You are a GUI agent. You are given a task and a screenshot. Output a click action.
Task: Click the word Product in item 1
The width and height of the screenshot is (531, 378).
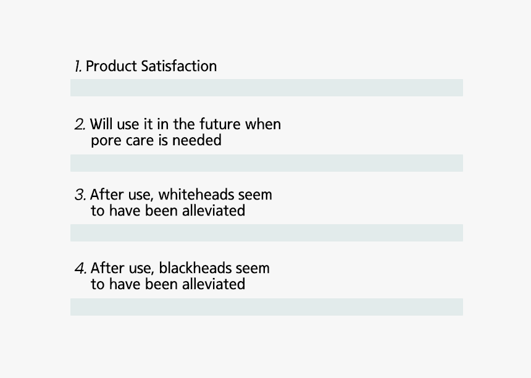click(x=111, y=66)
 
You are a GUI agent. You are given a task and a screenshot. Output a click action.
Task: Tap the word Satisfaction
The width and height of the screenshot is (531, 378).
click(x=179, y=66)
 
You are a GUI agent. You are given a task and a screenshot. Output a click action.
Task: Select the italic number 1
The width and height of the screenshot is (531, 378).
click(x=78, y=66)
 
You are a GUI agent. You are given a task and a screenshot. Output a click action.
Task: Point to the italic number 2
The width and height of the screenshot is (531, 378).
click(x=80, y=125)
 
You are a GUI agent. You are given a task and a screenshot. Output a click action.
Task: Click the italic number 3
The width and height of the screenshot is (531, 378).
click(x=80, y=195)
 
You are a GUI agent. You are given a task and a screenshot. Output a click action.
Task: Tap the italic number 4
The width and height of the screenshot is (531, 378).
click(x=80, y=268)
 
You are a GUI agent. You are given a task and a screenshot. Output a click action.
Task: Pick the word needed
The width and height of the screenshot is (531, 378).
click(x=197, y=140)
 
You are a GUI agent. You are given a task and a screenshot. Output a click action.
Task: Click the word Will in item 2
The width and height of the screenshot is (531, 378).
click(x=101, y=124)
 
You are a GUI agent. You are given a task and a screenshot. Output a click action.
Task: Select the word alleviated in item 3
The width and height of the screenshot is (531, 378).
click(x=214, y=211)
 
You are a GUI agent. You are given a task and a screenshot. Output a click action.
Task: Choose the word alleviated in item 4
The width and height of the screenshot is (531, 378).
click(x=214, y=284)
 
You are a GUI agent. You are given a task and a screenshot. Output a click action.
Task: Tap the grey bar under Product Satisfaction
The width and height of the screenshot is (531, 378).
click(x=267, y=88)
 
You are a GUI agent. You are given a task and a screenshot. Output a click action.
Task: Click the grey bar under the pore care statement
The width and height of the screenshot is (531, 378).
click(x=267, y=163)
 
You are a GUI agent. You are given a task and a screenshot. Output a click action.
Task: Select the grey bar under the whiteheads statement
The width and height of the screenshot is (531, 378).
click(x=267, y=233)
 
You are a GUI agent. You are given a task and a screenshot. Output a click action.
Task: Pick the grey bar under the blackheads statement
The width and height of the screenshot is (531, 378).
click(x=267, y=307)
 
